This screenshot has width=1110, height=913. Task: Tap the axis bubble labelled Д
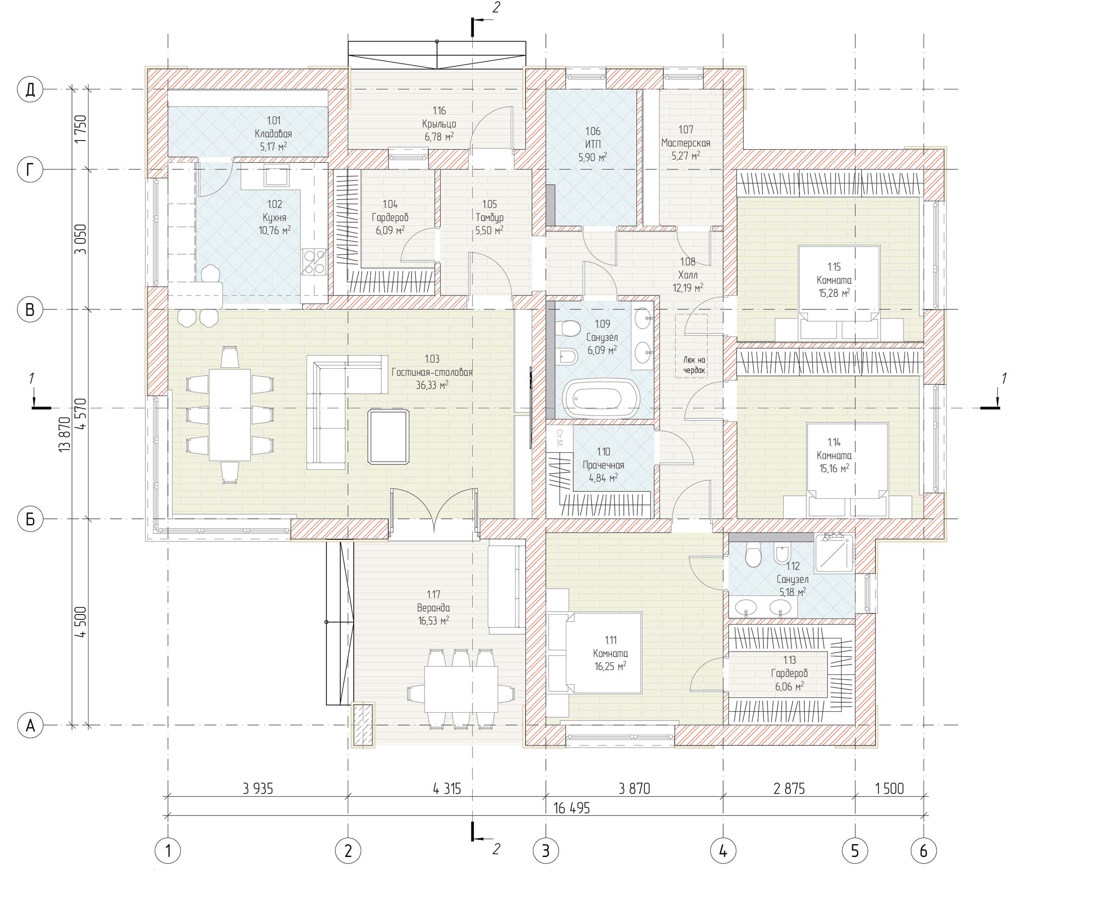[x=30, y=89]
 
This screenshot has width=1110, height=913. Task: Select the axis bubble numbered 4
[x=722, y=851]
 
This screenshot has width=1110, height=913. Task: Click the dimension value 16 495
[x=571, y=808]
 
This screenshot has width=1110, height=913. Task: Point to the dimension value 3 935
[x=258, y=789]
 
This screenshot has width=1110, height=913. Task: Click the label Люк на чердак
[x=694, y=365]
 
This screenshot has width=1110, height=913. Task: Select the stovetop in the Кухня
[x=314, y=262]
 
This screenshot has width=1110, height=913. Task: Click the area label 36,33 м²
[x=432, y=385]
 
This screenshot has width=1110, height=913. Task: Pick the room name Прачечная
[x=603, y=465]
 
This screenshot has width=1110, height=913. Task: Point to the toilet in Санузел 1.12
[x=753, y=555]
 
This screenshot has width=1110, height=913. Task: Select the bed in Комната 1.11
[x=595, y=653]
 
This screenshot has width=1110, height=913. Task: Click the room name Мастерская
[x=686, y=143]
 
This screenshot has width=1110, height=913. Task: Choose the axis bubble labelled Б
[x=30, y=519]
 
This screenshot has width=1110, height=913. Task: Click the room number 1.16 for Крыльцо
[x=439, y=111]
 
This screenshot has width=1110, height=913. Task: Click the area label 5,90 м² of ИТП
[x=593, y=157]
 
